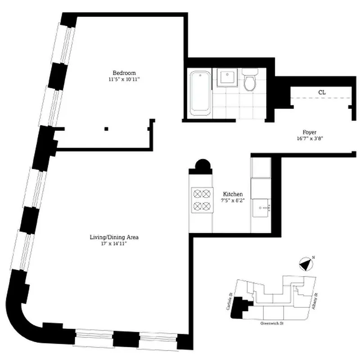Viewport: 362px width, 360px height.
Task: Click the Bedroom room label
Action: coord(124,73)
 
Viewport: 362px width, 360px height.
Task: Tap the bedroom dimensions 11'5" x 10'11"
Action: coord(124,80)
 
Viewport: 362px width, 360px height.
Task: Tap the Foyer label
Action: coord(309,132)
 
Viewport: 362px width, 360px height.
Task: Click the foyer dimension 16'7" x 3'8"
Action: coord(309,139)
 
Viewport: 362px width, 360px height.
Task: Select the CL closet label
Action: coord(322,92)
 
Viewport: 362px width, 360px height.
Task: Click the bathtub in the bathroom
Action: coord(199,93)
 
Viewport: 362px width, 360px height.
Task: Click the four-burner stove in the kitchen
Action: coord(201,200)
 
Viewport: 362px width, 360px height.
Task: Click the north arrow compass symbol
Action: coord(306,264)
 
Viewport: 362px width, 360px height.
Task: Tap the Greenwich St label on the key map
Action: coord(274,323)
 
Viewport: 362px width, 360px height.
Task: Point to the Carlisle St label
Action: coord(230,301)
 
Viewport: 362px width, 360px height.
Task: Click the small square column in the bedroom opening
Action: coord(106,129)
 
